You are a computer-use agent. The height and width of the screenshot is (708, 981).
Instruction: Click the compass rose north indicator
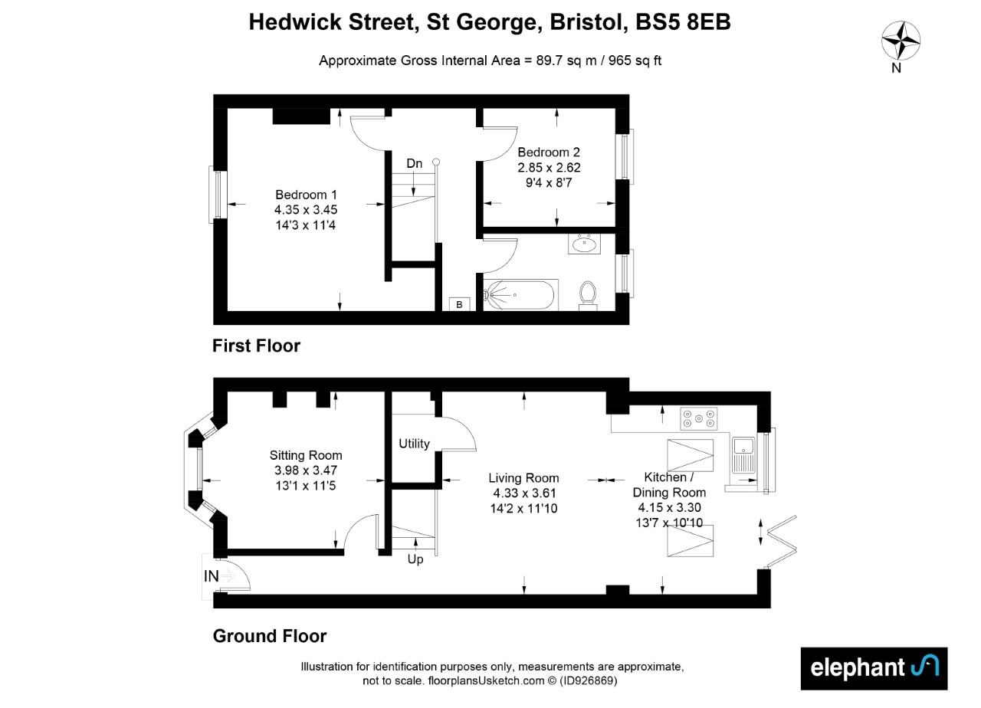coord(901,41)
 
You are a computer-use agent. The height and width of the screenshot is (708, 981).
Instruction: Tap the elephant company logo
coord(873,668)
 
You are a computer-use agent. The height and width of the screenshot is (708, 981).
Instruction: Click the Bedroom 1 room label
coord(306,195)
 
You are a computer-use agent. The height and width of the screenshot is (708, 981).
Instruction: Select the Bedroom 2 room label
coord(548,152)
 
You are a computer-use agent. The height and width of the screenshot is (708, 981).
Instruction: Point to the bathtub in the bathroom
coord(520,295)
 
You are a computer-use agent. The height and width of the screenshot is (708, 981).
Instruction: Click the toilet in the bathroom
coord(588,293)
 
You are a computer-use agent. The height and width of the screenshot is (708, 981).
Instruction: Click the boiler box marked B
coord(459,305)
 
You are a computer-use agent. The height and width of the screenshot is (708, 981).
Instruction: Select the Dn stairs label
coord(414,163)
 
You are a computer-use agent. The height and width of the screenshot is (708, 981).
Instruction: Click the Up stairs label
coord(415,559)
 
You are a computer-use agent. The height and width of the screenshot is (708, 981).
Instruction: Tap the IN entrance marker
coord(212,575)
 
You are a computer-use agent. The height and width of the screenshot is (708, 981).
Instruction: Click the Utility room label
coord(414,444)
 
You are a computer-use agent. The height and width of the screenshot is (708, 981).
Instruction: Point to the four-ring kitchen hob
coord(699,417)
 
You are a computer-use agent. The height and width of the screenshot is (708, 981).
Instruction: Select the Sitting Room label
coord(306,455)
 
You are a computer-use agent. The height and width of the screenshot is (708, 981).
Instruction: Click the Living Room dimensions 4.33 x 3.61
coord(523,493)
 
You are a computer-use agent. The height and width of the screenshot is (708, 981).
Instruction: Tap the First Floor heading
coord(256,346)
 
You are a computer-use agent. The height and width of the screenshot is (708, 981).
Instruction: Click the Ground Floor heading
coord(269,636)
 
